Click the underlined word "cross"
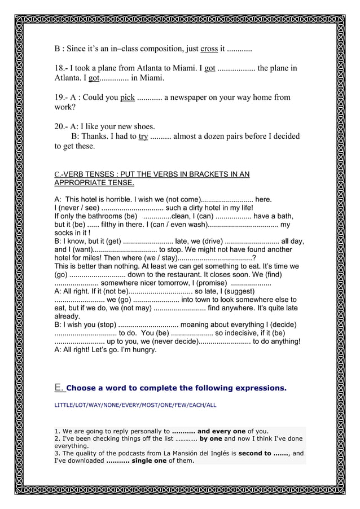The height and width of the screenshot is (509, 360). click(x=209, y=49)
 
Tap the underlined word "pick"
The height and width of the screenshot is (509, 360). click(x=127, y=97)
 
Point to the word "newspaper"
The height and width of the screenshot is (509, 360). click(x=190, y=97)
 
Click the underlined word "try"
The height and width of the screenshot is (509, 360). click(x=143, y=136)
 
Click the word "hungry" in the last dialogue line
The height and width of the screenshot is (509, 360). click(x=143, y=349)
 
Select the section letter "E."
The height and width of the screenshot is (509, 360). click(x=60, y=387)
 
